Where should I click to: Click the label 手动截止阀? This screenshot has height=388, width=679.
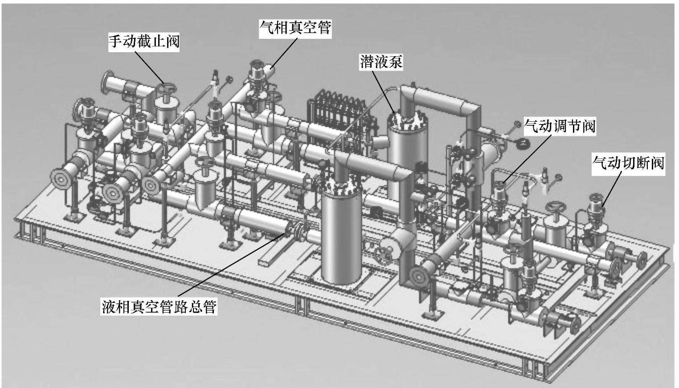coord(143,42)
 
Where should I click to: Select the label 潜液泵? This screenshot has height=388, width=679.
coord(381,62)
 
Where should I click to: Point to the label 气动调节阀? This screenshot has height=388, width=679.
coord(560,126)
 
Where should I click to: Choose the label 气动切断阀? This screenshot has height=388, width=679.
coord(628,162)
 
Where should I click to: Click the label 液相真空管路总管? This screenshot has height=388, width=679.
coord(159,307)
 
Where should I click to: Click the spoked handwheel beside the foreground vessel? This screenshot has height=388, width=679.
coord(384,255)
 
